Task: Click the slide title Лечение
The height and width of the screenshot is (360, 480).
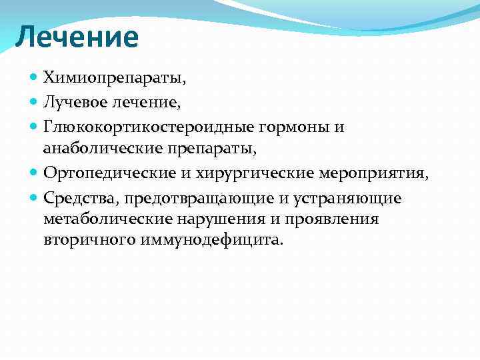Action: pos(77,37)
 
